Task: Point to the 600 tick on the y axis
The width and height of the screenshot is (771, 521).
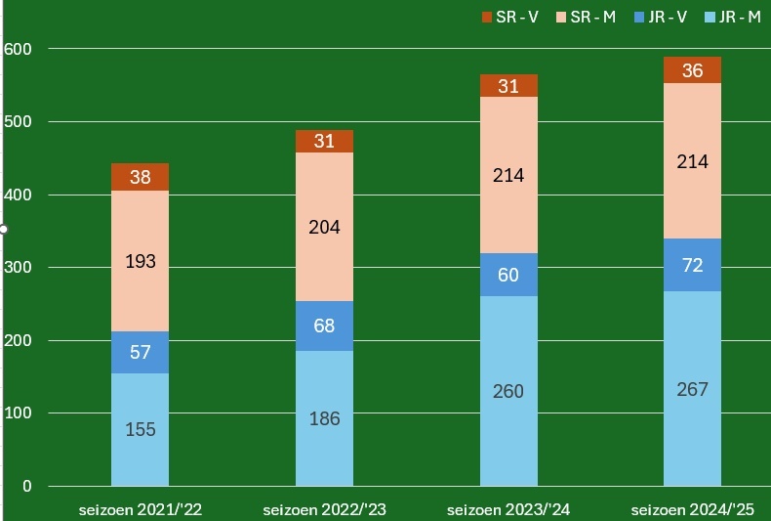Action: click(x=19, y=49)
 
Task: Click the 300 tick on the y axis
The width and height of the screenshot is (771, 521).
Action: click(x=19, y=268)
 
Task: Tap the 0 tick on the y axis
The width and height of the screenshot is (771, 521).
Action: click(x=27, y=487)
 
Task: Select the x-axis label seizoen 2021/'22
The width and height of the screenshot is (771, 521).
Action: click(x=141, y=509)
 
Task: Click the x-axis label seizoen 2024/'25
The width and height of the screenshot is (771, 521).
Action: click(x=693, y=509)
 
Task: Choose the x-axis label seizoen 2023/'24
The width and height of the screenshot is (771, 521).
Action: click(x=508, y=509)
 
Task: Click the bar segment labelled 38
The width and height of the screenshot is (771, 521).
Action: click(x=140, y=177)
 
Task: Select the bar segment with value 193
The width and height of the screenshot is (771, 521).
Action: click(x=140, y=261)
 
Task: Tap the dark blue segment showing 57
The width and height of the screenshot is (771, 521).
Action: click(x=140, y=352)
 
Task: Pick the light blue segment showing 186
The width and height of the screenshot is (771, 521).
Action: click(x=324, y=418)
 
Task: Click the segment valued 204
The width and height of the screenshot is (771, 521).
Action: click(x=324, y=227)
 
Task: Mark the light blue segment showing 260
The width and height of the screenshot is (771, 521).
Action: click(x=508, y=391)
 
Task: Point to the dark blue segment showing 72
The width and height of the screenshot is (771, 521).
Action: click(x=693, y=265)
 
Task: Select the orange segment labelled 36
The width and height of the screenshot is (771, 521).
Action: click(x=693, y=70)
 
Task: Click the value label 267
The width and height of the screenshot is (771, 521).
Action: click(x=693, y=389)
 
